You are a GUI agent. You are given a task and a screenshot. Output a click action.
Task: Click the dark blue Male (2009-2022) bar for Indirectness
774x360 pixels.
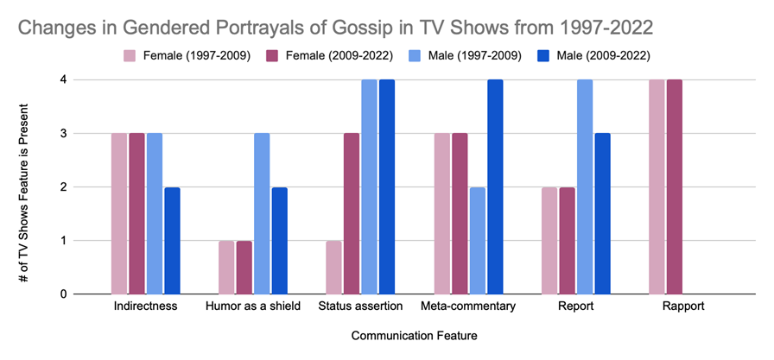pyautogui.click(x=173, y=241)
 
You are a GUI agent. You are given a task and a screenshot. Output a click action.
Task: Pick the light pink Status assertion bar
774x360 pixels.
pyautogui.click(x=334, y=268)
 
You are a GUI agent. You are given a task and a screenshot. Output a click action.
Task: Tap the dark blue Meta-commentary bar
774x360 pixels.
pyautogui.click(x=496, y=187)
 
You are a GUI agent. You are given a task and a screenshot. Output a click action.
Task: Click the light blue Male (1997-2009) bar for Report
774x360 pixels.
pyautogui.click(x=586, y=187)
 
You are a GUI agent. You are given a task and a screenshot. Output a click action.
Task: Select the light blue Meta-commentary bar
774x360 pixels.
pyautogui.click(x=478, y=241)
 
